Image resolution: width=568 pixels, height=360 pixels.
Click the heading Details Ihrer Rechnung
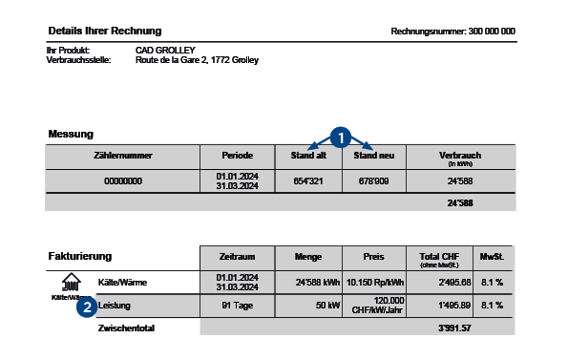104,32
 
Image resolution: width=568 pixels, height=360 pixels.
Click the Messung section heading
71,134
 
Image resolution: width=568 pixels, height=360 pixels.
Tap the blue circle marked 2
87,307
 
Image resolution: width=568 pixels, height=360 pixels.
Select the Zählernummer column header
123,155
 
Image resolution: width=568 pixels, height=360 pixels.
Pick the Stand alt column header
308,155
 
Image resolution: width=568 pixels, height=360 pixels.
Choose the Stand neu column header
374,155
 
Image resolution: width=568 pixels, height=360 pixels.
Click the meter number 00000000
123,180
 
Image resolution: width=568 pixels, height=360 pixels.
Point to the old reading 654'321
308,180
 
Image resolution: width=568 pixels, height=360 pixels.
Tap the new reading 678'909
374,180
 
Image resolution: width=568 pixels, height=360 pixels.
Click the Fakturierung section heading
80,256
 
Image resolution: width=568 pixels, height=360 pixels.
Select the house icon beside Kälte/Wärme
71,283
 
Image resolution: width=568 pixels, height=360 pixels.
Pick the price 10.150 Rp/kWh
373,281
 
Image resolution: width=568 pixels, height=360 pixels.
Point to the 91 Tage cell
237,306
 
